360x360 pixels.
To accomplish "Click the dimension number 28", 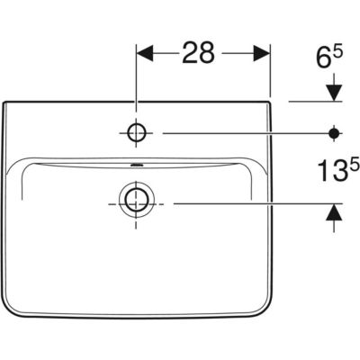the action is pos(198,53).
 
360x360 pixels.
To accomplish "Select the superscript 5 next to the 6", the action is pos(338,52).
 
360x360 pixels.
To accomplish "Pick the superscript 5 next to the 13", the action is pos(355,164).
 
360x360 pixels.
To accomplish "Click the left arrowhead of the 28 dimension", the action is pos(145,53).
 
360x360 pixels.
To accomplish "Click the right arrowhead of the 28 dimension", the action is pos(262,53).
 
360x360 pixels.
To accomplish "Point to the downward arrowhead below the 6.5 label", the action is pos(334,93).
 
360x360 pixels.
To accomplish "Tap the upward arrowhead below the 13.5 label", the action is pos(334,212).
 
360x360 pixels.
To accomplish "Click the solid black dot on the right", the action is pos(334,133).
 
